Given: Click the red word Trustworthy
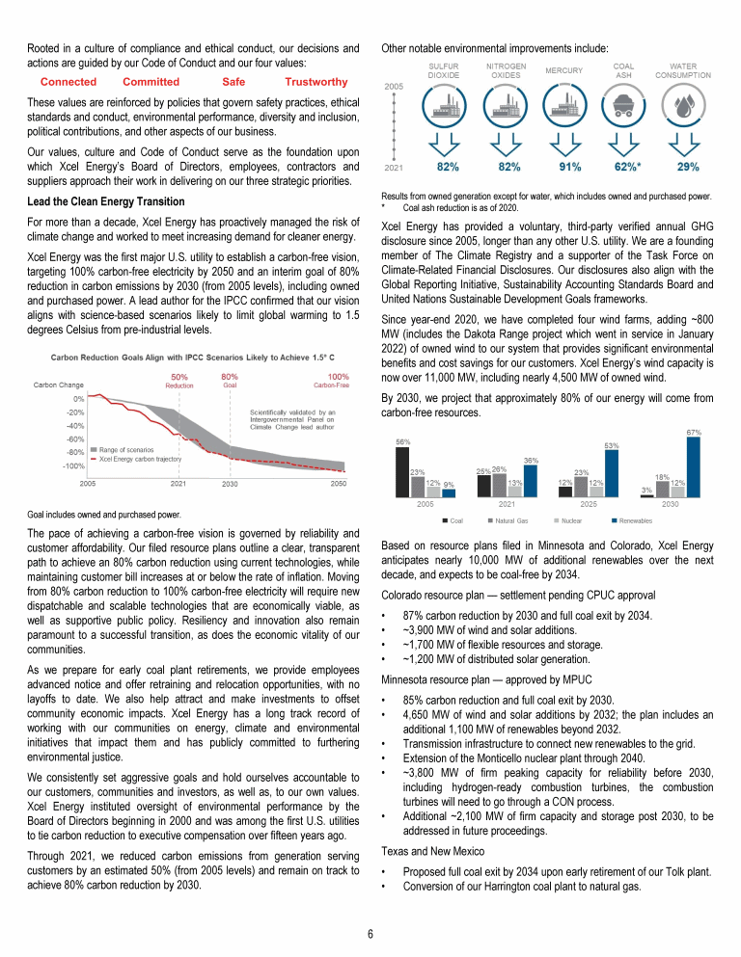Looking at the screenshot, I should (x=316, y=83).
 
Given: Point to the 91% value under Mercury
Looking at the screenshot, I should (x=569, y=167).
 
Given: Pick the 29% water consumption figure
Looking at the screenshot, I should (x=688, y=167).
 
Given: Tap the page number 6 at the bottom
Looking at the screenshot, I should (x=370, y=933).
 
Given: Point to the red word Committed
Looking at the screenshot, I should (x=151, y=83).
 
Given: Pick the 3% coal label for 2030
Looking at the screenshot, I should (x=645, y=489).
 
